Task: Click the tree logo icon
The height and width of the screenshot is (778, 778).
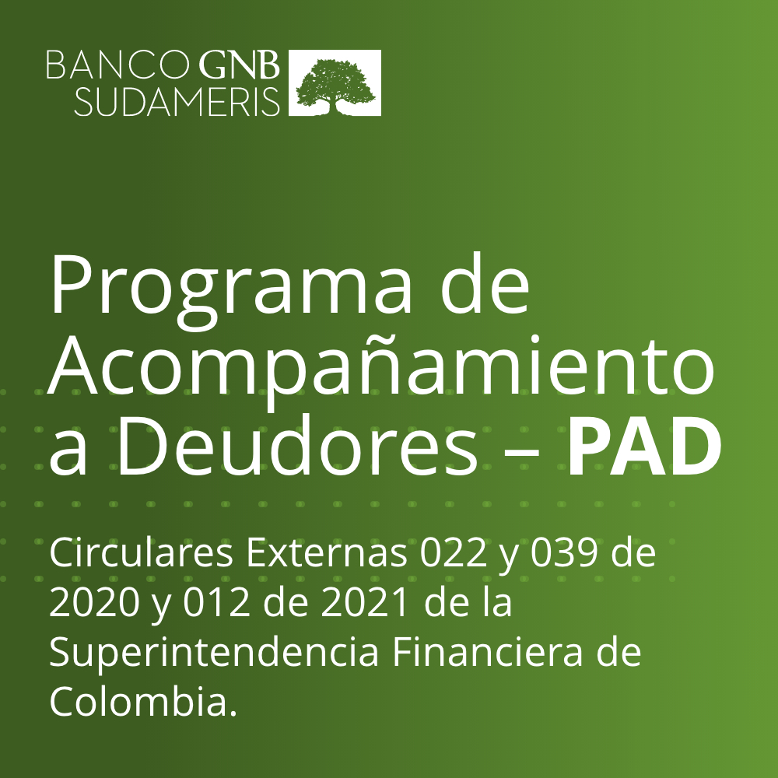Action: click(335, 83)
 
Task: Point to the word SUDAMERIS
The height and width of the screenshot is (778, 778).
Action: click(177, 102)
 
